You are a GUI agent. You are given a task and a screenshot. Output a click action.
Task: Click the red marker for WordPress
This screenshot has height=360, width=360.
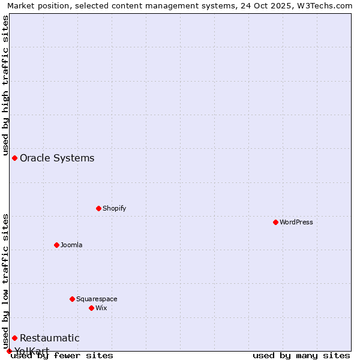click(275, 222)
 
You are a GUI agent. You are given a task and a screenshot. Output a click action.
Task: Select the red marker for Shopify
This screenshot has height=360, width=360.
click(98, 208)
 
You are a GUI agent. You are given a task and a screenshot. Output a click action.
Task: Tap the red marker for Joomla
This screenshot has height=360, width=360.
click(56, 245)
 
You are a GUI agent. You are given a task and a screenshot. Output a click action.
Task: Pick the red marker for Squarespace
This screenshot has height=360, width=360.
click(72, 299)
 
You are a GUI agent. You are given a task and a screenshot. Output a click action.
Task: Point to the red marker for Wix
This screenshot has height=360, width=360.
click(91, 308)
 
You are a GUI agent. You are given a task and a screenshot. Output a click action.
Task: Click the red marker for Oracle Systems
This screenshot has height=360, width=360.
click(14, 158)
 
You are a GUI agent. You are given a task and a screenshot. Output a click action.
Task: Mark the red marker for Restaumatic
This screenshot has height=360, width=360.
click(14, 338)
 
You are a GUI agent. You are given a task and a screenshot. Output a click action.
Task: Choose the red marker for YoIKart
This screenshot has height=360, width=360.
click(9, 351)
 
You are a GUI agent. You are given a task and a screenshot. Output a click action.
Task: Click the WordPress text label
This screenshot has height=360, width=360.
click(296, 223)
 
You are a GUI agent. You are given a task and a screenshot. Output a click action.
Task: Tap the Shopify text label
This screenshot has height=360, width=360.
click(115, 209)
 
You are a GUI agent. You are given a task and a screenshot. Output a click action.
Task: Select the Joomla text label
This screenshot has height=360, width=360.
click(71, 245)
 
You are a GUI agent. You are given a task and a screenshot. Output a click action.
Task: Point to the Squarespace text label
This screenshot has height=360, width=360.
click(97, 299)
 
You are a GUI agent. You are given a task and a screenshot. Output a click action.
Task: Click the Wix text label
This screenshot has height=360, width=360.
click(101, 308)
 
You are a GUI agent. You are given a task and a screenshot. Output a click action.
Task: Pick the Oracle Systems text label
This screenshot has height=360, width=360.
click(57, 158)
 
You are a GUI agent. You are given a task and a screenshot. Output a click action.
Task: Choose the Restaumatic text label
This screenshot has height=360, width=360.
click(50, 338)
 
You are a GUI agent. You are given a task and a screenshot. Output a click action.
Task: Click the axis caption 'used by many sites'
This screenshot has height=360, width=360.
click(301, 355)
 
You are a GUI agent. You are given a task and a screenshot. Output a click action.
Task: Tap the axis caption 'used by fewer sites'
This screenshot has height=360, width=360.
click(62, 355)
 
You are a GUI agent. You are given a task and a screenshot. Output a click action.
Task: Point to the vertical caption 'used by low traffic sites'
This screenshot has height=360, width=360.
click(6, 277)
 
